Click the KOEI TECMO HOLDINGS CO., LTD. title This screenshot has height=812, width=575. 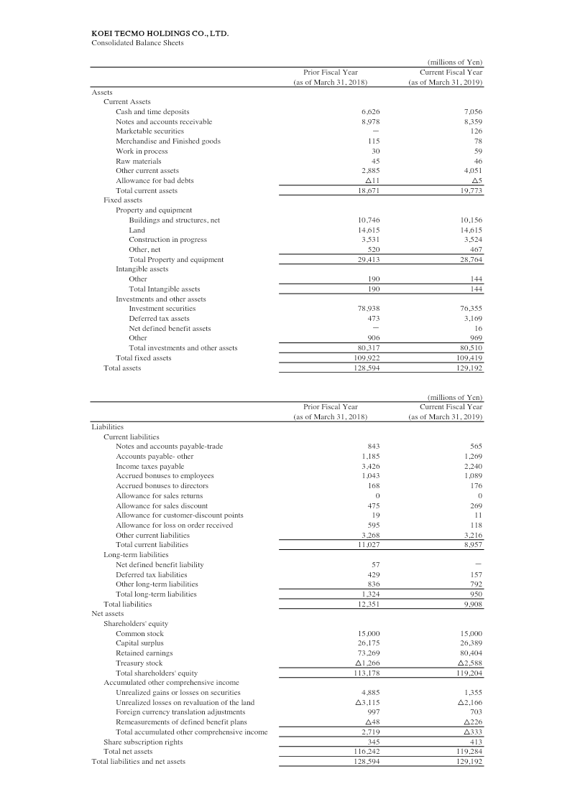160,33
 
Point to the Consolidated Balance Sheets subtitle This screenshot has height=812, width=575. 137,42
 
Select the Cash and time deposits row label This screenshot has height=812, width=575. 152,112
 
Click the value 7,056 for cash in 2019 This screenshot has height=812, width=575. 471,112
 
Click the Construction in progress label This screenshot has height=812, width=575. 167,239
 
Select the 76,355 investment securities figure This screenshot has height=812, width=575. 469,308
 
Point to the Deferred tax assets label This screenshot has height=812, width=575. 159,318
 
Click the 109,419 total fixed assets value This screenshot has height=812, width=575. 468,358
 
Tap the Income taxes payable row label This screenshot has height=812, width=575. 149,466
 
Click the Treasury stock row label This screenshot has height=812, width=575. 139,663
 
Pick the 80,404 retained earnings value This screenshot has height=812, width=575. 469,653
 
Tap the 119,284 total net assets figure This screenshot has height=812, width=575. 468,751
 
